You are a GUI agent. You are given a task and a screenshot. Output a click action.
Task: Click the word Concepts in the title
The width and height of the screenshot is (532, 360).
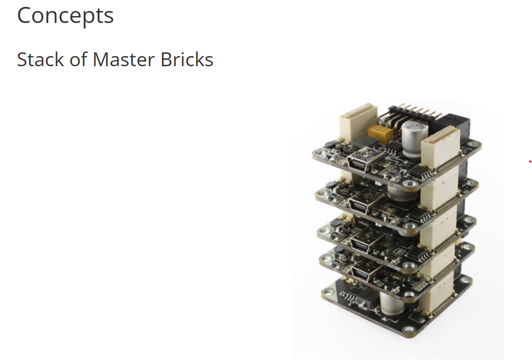(65, 16)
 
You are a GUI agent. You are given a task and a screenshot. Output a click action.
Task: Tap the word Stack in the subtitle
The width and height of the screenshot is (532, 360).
(40, 60)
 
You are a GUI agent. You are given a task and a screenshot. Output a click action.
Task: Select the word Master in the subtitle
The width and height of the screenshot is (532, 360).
(124, 60)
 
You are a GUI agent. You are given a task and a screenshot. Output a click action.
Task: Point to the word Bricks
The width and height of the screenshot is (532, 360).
(187, 60)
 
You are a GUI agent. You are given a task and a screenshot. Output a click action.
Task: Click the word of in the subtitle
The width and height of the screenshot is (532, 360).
(79, 60)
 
